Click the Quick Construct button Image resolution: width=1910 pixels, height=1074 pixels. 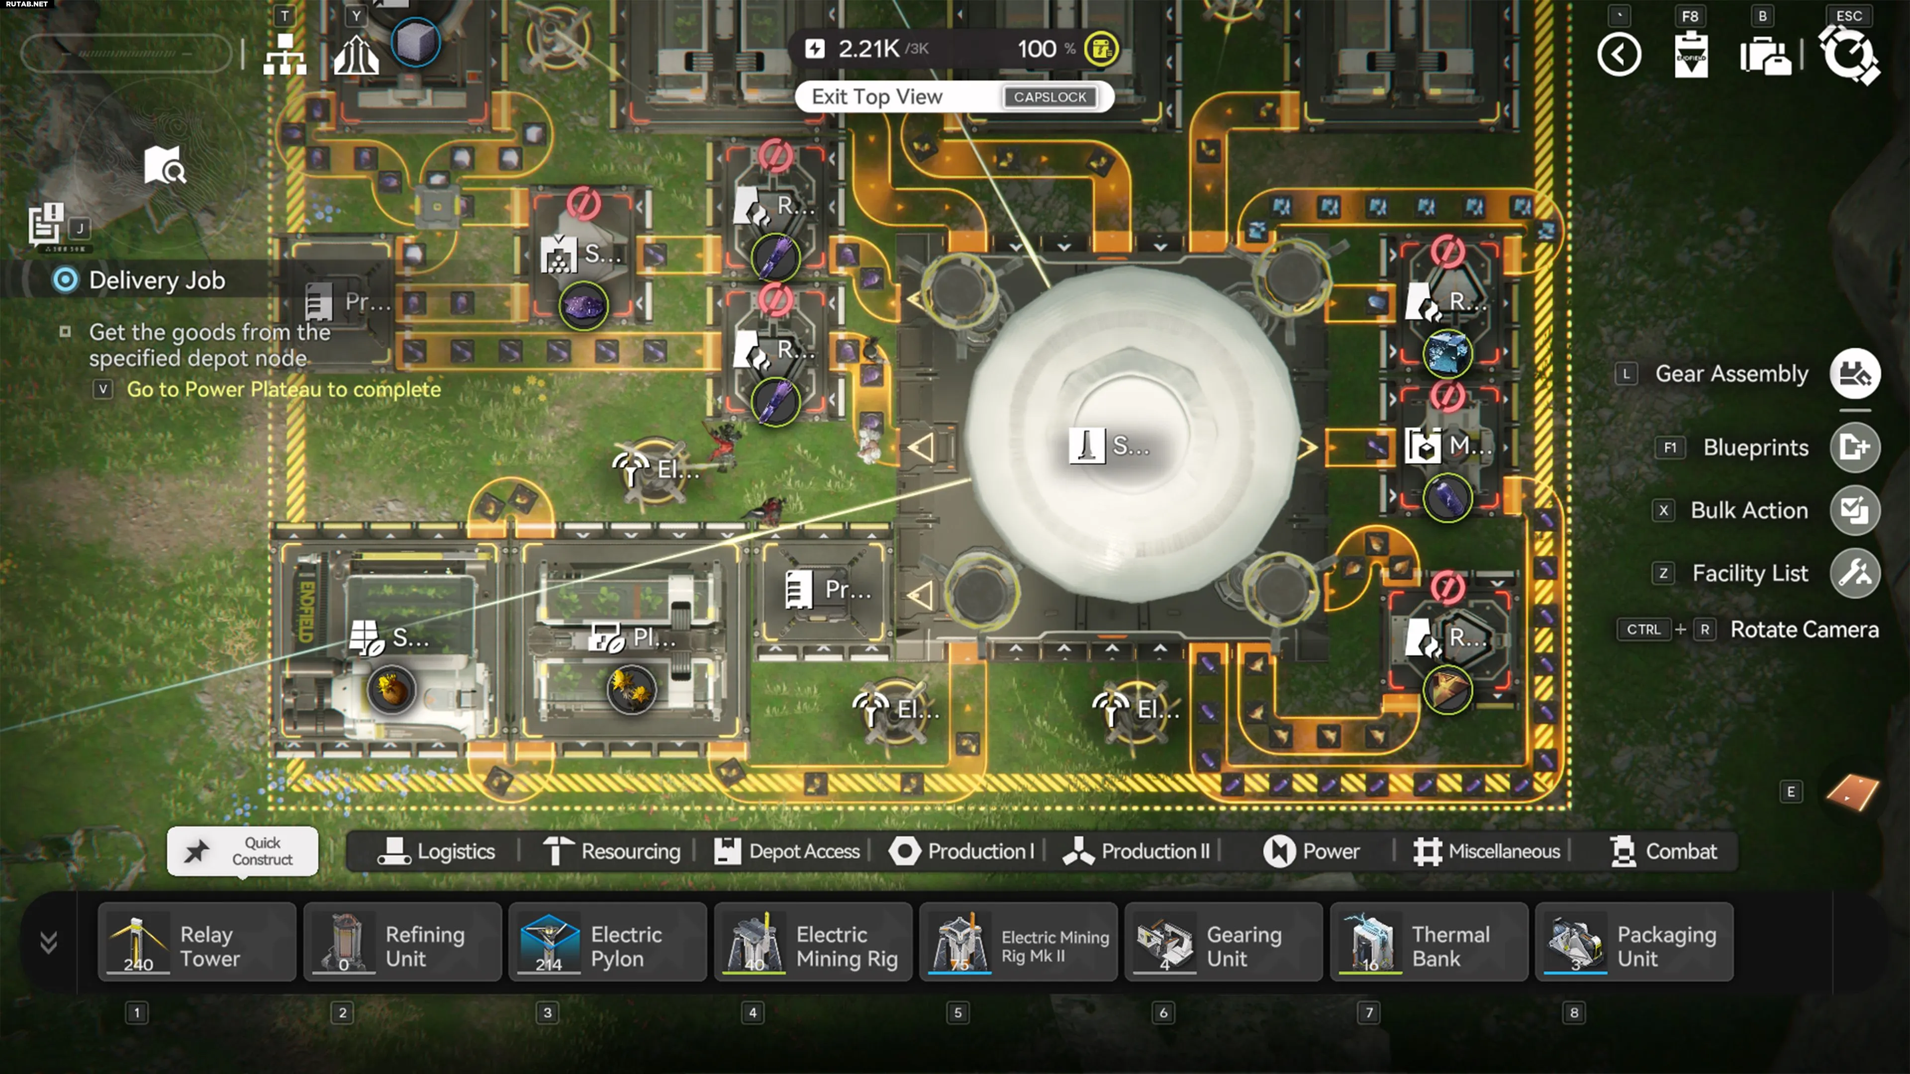242,851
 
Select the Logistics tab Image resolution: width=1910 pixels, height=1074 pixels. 436,851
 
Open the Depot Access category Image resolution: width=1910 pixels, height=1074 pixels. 787,851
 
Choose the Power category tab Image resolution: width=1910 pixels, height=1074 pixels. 1311,851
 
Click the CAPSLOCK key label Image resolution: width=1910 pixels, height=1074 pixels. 1049,97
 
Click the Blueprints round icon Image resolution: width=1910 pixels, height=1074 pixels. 1854,447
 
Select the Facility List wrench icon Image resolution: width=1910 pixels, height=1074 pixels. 1854,573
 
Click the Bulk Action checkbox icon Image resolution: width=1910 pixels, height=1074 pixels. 1854,510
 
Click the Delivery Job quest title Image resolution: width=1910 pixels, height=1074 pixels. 157,280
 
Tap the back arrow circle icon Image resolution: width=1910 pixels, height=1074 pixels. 1619,55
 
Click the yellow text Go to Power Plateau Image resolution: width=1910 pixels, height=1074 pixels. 283,389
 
